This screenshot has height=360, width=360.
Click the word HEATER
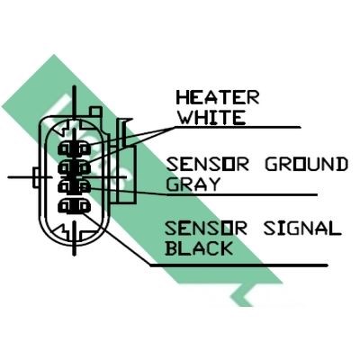pyautogui.click(x=218, y=97)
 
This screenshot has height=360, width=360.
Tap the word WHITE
pyautogui.click(x=211, y=117)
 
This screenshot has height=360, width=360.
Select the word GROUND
pyautogui.click(x=306, y=165)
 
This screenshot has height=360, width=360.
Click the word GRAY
pyautogui.click(x=193, y=184)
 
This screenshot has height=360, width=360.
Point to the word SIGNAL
pyautogui.click(x=302, y=229)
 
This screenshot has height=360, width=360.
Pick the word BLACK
pyautogui.click(x=199, y=248)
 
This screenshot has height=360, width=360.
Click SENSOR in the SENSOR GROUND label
pyautogui.click(x=207, y=165)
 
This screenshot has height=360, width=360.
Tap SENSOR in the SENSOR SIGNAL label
pyautogui.click(x=206, y=229)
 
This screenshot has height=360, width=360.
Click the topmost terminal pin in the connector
pyautogui.click(x=74, y=149)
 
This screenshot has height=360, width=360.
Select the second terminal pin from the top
pyautogui.click(x=74, y=167)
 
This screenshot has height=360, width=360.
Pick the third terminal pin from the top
pyautogui.click(x=74, y=187)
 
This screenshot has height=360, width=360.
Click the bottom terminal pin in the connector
pyautogui.click(x=74, y=206)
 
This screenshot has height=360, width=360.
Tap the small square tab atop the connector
pyautogui.click(x=96, y=111)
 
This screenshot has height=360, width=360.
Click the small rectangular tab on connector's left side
pyautogui.click(x=36, y=178)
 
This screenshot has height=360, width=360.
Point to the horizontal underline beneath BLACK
pyautogui.click(x=238, y=265)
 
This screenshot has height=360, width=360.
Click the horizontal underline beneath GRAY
pyautogui.click(x=242, y=195)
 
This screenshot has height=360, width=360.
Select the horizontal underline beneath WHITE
pyautogui.click(x=237, y=128)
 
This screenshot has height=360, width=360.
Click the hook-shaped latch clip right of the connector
pyautogui.click(x=125, y=132)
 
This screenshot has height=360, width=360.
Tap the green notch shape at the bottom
pyautogui.click(x=246, y=295)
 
